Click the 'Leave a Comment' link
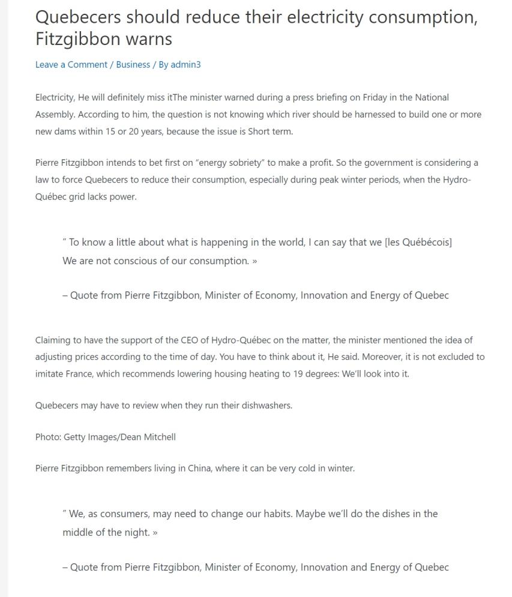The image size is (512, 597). (x=71, y=65)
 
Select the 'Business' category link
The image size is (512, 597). (x=133, y=65)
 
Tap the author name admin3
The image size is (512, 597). (x=185, y=65)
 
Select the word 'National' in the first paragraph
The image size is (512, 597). (x=432, y=97)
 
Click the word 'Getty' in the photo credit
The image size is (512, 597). (x=76, y=437)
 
